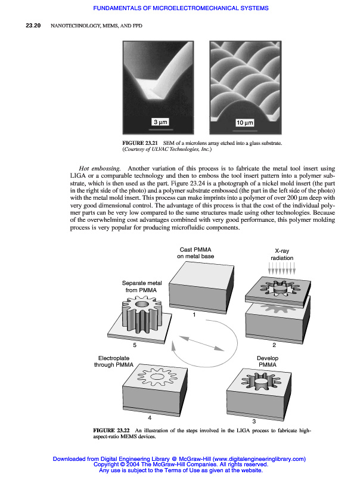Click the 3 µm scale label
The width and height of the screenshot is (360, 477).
[160, 122]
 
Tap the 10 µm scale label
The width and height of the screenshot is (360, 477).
[245, 122]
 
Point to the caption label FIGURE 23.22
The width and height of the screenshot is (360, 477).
[111, 430]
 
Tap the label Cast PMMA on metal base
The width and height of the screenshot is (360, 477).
[196, 252]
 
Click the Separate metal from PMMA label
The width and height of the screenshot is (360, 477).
[142, 286]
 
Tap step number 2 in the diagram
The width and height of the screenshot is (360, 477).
[273, 345]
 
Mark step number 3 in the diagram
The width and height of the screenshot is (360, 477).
[254, 421]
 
